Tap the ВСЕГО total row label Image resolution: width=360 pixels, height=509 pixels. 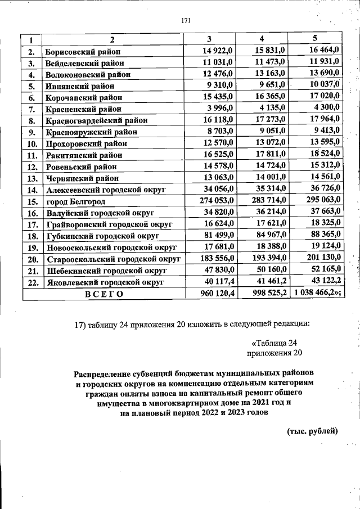point(103,294)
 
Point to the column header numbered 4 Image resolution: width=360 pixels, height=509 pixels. point(262,39)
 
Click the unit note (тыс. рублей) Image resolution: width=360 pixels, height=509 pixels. point(312,431)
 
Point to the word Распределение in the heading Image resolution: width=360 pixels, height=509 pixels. point(103,373)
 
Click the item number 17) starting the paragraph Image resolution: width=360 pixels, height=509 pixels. point(82,323)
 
